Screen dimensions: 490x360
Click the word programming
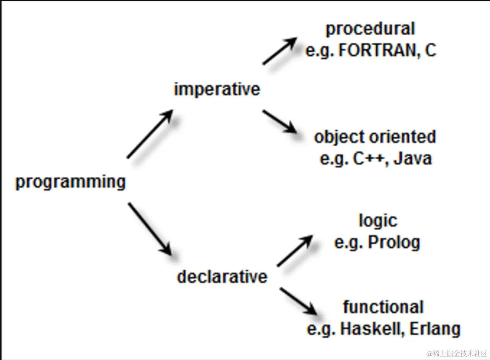click(x=70, y=182)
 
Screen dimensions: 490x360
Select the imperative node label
click(x=217, y=89)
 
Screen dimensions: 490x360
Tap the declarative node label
click(x=222, y=277)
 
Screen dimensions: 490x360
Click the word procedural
click(x=370, y=29)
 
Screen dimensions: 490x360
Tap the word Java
click(x=413, y=159)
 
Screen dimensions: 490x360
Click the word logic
click(x=378, y=220)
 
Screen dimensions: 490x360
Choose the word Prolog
click(x=394, y=242)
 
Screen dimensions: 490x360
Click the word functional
click(x=383, y=307)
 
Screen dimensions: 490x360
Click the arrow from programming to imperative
click(x=150, y=134)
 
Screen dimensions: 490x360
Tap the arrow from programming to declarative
click(x=150, y=229)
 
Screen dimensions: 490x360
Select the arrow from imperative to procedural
click(x=280, y=51)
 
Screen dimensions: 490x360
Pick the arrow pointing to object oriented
click(x=279, y=121)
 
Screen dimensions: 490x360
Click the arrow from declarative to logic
click(x=295, y=251)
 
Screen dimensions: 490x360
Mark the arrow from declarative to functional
click(x=298, y=301)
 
